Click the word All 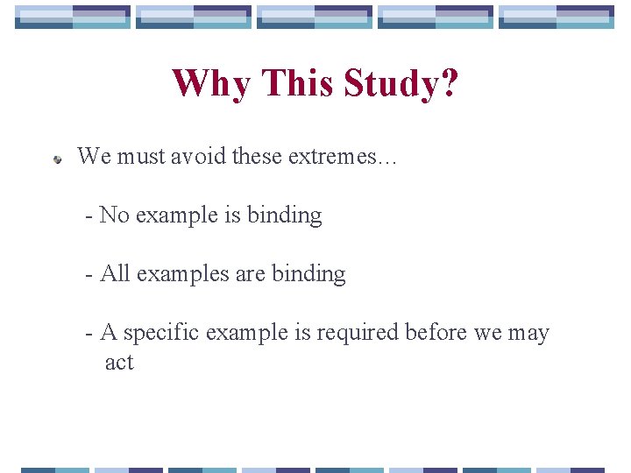click(x=115, y=273)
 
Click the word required click(x=357, y=333)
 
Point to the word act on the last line click(x=119, y=362)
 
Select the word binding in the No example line click(x=285, y=215)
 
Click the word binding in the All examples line click(x=308, y=273)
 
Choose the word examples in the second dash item click(x=183, y=274)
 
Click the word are click(x=252, y=274)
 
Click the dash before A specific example click(x=89, y=334)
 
